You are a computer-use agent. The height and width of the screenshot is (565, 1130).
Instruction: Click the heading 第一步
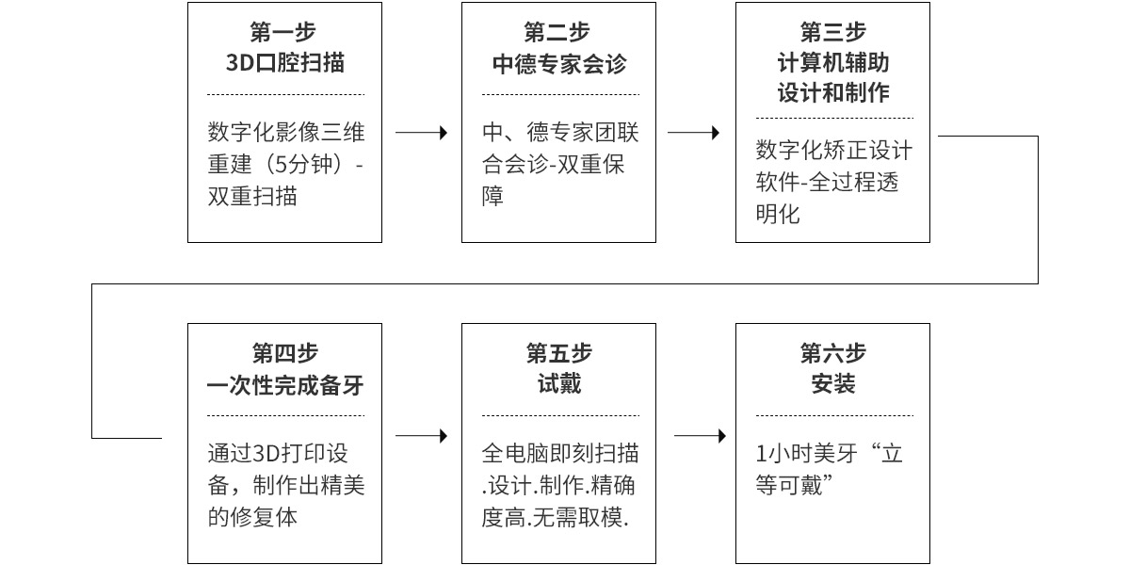pos(283,32)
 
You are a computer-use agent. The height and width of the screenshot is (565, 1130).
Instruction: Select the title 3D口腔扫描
pos(285,63)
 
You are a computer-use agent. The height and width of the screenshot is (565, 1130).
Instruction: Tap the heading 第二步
pos(557,32)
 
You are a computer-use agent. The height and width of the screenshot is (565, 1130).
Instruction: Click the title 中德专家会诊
pos(559,64)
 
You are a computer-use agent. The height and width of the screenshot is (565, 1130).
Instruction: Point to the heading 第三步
pos(833,32)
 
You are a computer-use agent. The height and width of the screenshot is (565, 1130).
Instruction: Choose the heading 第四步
pos(285,353)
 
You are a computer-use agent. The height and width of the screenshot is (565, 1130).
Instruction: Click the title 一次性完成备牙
pos(285,385)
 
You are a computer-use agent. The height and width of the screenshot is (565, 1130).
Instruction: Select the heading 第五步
pos(559,353)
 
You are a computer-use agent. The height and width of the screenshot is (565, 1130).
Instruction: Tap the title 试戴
pos(559,384)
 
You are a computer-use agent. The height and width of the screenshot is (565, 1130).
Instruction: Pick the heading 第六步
pos(833,353)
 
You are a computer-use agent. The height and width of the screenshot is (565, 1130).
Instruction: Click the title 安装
pos(833,384)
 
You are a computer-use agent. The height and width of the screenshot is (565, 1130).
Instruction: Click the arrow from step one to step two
pos(421,133)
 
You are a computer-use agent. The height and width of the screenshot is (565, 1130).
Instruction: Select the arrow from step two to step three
pos(694,133)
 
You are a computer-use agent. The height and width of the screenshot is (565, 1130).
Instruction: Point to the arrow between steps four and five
pos(421,435)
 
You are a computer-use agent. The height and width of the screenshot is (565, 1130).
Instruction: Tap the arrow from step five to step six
pos(701,435)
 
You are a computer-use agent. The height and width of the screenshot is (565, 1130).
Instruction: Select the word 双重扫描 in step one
pos(252,196)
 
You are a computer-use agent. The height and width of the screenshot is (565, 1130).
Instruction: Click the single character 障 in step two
pos(492,196)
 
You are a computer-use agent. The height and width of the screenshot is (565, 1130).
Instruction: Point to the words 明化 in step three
pos(778,214)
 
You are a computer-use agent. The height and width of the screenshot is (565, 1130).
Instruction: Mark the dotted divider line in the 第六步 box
pos(834,415)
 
